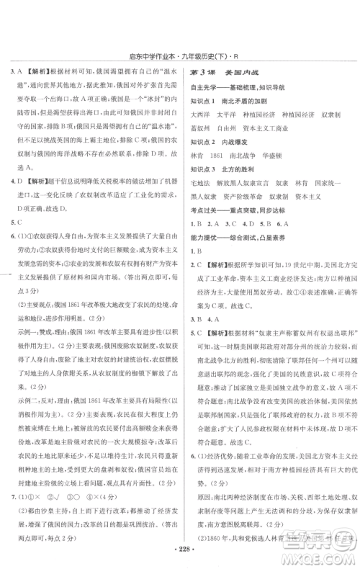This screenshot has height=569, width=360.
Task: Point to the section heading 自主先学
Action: pyautogui.click(x=204, y=86)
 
